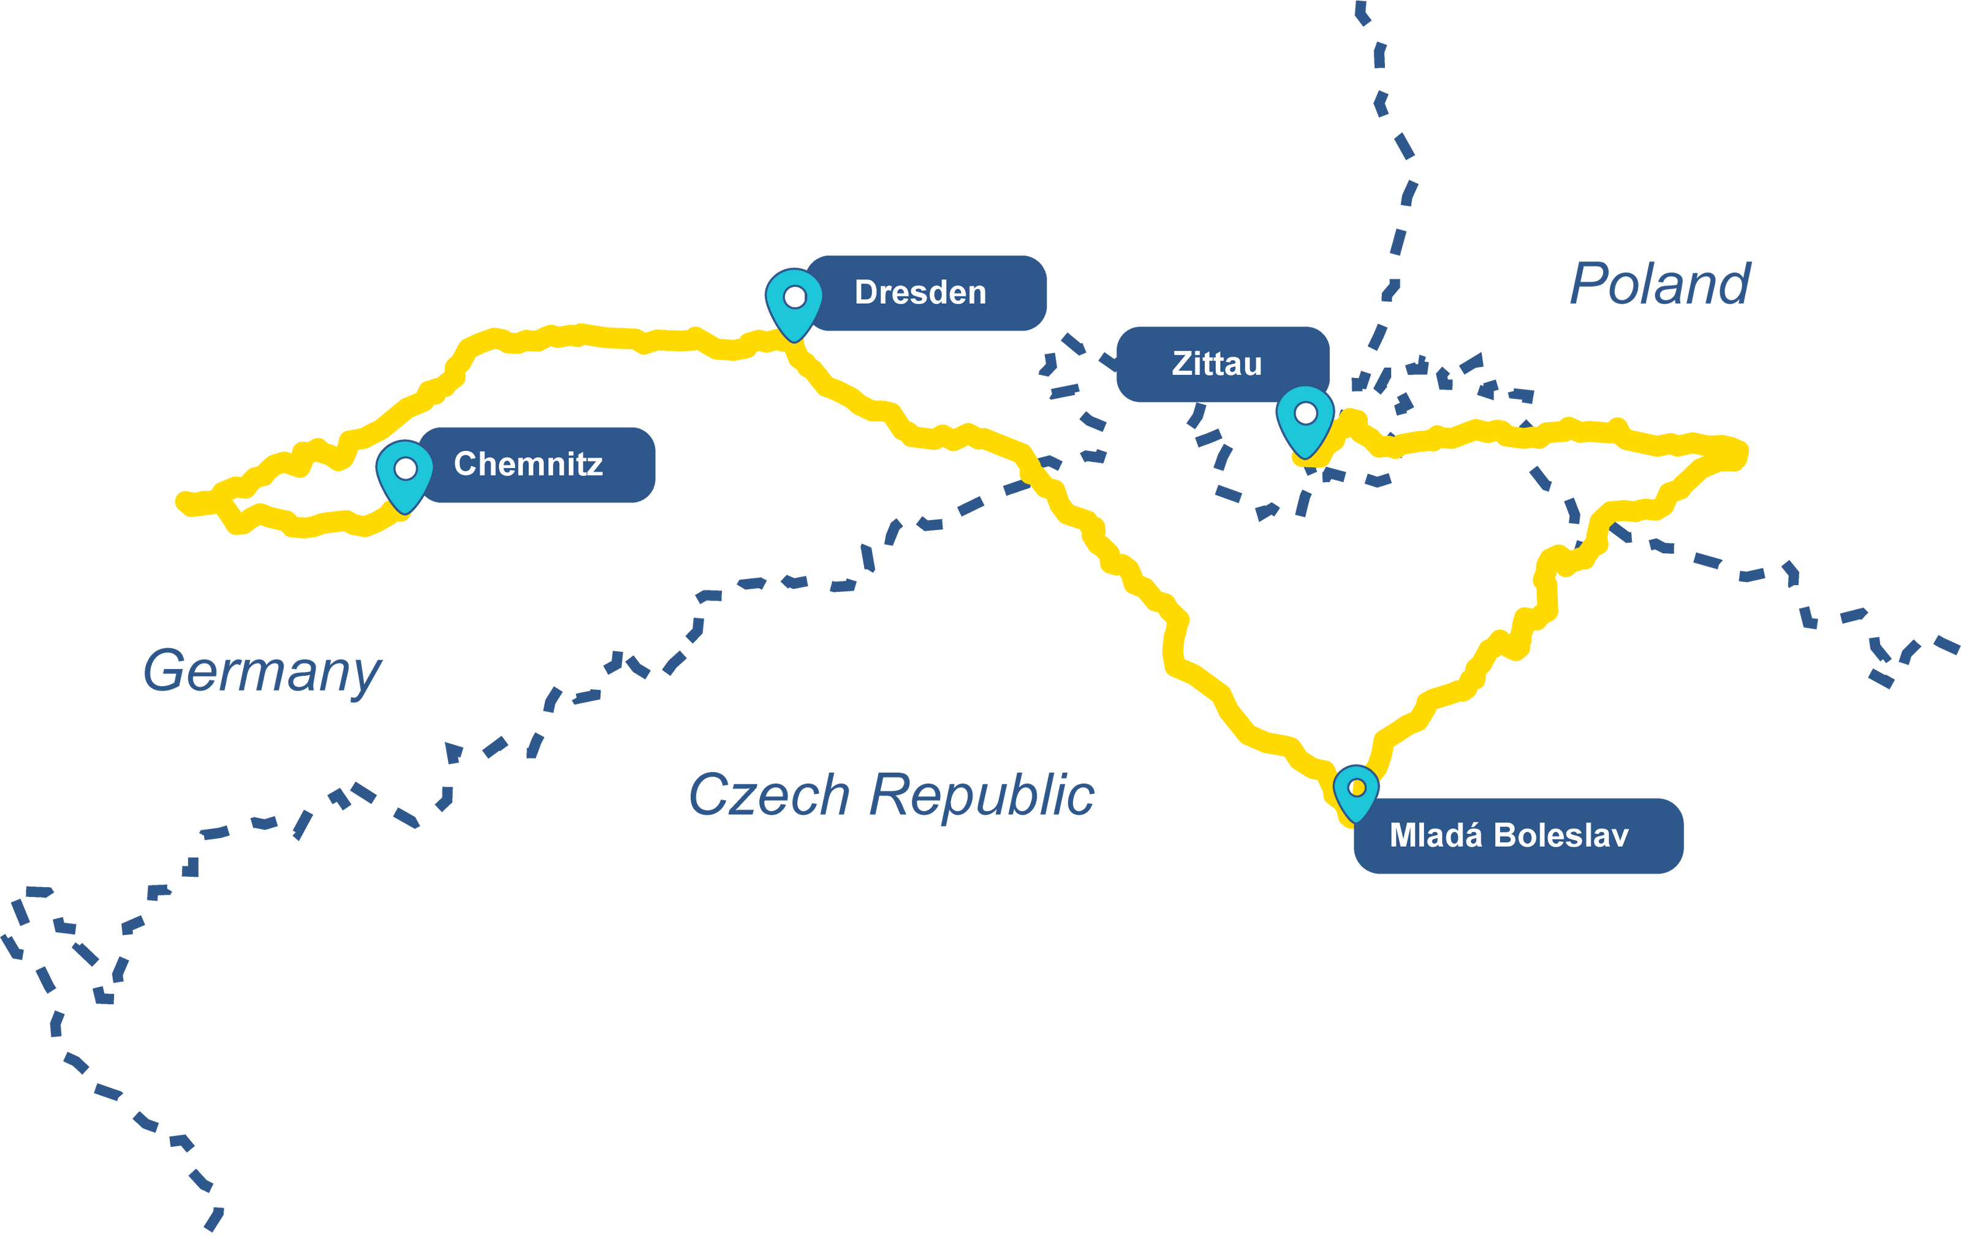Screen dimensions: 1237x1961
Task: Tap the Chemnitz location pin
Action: [404, 473]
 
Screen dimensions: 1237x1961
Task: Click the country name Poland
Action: [1659, 284]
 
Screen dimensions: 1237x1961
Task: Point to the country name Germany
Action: [262, 672]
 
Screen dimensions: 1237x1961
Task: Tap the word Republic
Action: [981, 796]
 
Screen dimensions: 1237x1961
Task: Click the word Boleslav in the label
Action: [1561, 836]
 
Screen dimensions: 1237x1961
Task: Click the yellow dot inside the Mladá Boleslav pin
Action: [1357, 789]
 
